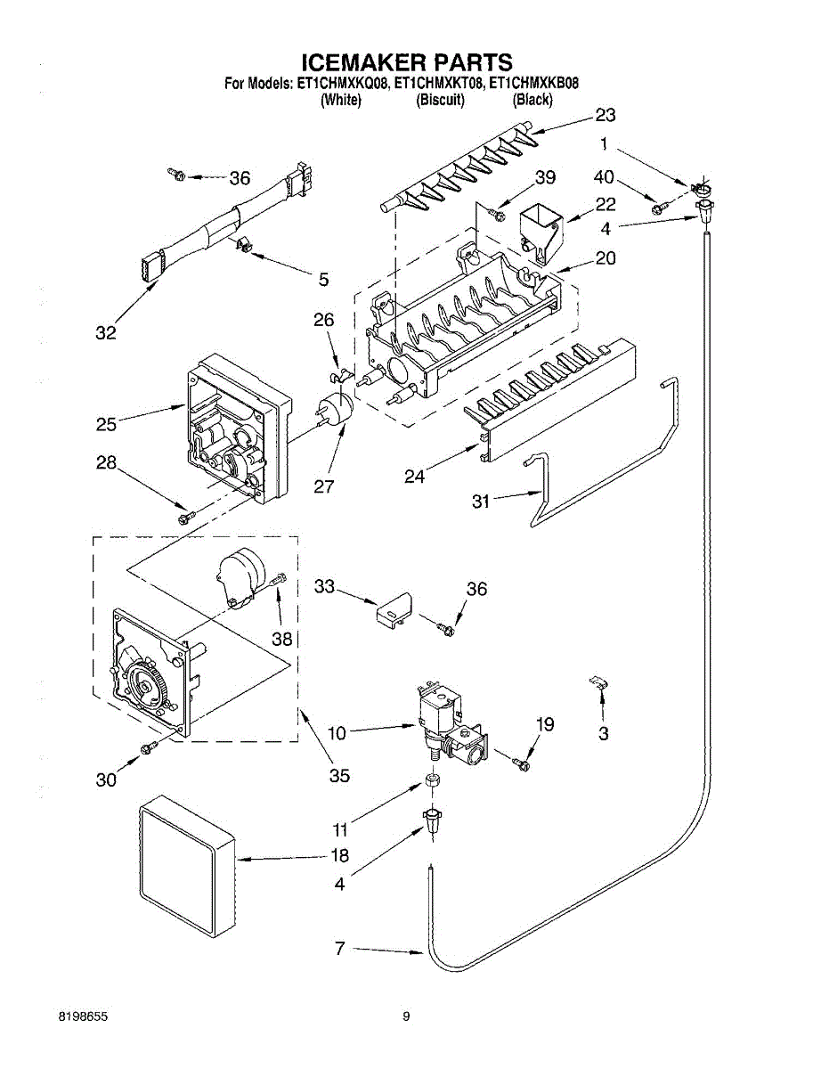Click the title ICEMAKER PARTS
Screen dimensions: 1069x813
tap(407, 62)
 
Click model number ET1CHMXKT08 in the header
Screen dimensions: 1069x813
tap(440, 85)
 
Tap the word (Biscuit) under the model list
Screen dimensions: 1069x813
tap(440, 101)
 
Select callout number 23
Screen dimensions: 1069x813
tap(606, 115)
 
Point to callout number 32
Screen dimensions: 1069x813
tap(106, 333)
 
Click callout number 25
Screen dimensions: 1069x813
tap(106, 425)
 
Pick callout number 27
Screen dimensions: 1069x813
tap(323, 486)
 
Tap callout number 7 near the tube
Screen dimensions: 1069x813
tap(339, 949)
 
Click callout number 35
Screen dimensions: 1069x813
tap(338, 775)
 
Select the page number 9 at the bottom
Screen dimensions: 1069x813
tap(406, 1016)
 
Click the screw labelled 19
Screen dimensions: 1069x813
tap(521, 762)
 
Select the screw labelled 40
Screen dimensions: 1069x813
tap(657, 208)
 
